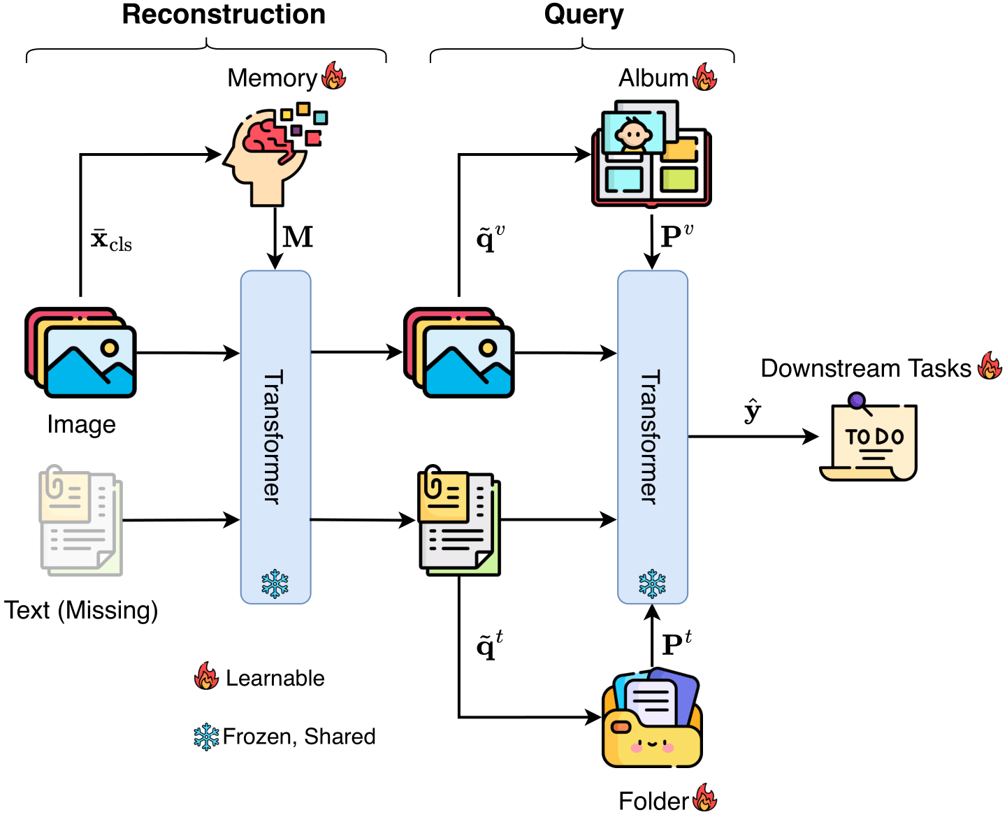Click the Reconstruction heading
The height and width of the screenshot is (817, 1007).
[x=224, y=15]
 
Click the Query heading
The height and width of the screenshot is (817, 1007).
[x=584, y=15]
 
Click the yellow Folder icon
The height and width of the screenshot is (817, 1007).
[x=652, y=719]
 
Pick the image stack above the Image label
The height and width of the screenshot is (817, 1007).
[x=81, y=352]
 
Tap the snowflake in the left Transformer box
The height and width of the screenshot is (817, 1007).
[x=275, y=584]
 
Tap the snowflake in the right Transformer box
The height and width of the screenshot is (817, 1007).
[x=652, y=584]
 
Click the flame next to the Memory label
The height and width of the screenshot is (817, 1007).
[x=334, y=76]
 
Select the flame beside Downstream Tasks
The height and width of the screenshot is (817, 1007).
[x=990, y=366]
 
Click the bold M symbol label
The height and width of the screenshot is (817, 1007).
[x=298, y=238]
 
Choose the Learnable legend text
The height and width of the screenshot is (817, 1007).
[x=275, y=679]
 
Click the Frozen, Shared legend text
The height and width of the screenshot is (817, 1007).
[x=299, y=737]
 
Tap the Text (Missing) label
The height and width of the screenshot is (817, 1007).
[x=81, y=610]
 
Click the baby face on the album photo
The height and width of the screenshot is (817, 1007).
[x=633, y=133]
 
